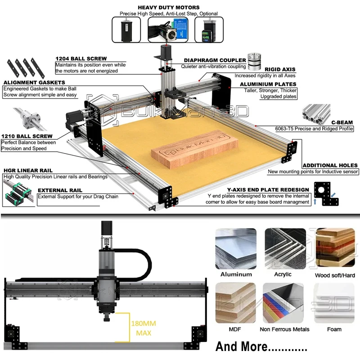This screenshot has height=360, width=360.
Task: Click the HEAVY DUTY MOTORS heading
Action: point(169,8)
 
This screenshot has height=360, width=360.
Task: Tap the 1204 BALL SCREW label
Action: point(81,58)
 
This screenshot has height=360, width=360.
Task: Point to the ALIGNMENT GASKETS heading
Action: point(34,82)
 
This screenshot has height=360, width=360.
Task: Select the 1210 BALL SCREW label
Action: point(27,136)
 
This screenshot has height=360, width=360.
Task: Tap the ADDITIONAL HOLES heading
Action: point(330,165)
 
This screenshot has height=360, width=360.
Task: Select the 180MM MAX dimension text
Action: point(141,328)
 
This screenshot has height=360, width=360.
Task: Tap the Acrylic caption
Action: point(283,274)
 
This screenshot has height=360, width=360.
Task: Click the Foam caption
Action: point(334,329)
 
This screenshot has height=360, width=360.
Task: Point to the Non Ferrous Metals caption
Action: point(284,329)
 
